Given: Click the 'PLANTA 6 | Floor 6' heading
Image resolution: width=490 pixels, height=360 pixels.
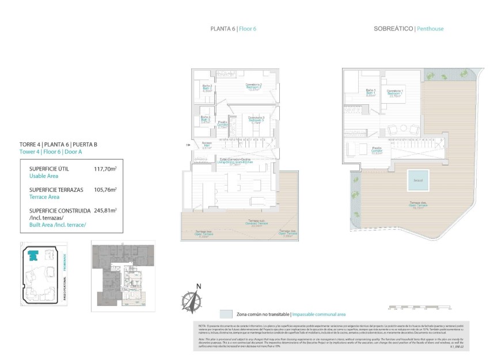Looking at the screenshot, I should (x=233, y=28).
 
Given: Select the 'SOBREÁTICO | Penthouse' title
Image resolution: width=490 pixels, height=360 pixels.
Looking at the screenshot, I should (x=408, y=28).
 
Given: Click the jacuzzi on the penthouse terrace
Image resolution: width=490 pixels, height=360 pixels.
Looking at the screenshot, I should (x=418, y=180).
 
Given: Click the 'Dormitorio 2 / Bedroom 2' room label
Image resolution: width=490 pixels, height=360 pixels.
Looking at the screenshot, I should (x=255, y=87).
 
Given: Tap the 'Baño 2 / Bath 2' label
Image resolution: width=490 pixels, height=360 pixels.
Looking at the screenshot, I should (x=207, y=88).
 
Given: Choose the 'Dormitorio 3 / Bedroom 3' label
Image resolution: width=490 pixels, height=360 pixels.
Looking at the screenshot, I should (x=255, y=120).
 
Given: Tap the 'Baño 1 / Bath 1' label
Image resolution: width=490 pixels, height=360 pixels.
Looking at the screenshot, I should (x=371, y=92).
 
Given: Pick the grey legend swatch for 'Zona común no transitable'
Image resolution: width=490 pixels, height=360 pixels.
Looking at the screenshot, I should (x=226, y=314).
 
